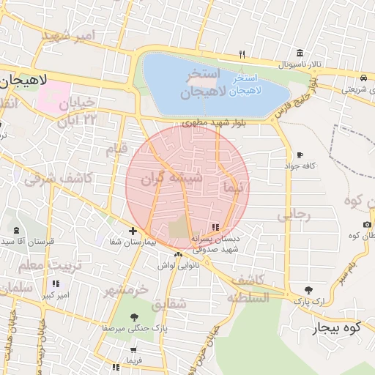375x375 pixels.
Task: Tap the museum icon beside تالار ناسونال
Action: click(x=300, y=53)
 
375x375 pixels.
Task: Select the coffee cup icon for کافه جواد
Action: click(x=300, y=155)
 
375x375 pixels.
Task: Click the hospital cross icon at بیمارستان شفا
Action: click(x=132, y=231)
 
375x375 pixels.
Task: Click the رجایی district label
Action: click(x=294, y=215)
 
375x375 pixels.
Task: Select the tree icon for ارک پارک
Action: click(x=308, y=290)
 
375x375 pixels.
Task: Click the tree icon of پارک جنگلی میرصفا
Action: click(x=133, y=317)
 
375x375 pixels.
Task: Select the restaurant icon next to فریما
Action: click(x=116, y=366)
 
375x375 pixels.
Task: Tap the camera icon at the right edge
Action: click(x=367, y=224)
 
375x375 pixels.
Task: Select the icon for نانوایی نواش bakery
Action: click(x=178, y=254)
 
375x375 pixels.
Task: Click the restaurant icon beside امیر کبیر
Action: click(x=55, y=283)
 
